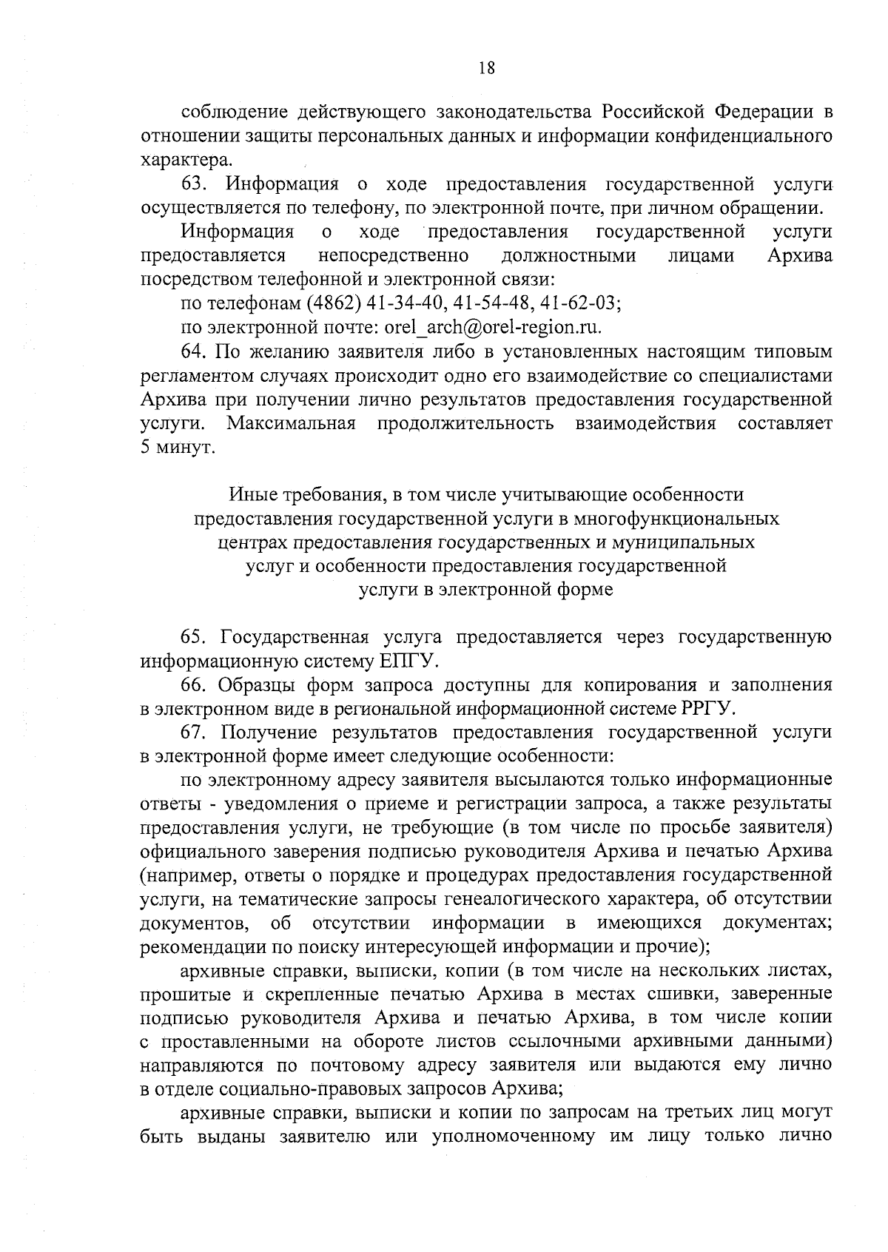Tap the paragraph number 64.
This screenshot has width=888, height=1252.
point(194,351)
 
